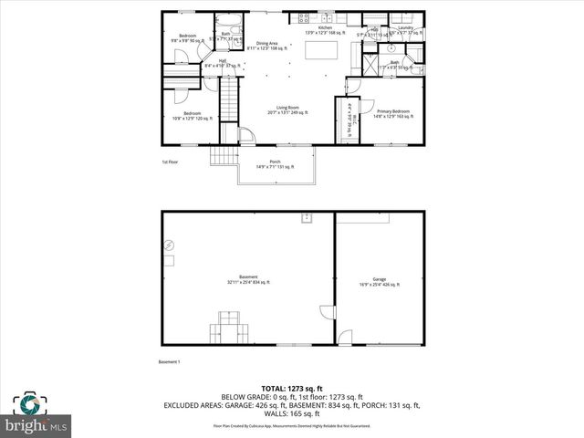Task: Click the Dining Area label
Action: (x=267, y=45)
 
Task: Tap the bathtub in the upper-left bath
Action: (x=225, y=20)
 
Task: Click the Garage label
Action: (x=379, y=280)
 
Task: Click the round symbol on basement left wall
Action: (x=169, y=245)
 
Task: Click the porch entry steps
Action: (x=224, y=156)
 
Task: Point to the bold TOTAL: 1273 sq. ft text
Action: (x=291, y=388)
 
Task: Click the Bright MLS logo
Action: (x=36, y=415)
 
